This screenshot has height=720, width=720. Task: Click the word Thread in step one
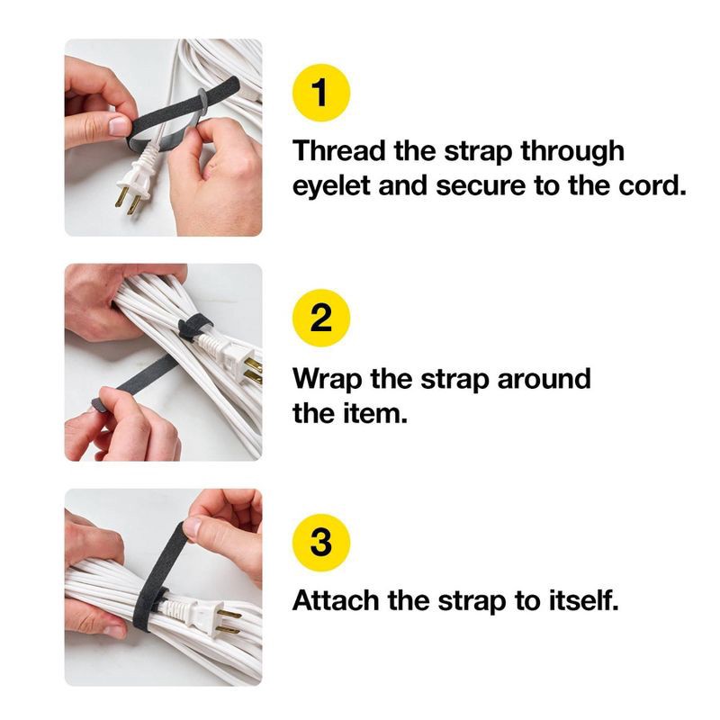tap(339, 150)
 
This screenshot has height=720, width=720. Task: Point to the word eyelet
tap(327, 189)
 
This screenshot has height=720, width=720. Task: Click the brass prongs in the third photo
tap(229, 621)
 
